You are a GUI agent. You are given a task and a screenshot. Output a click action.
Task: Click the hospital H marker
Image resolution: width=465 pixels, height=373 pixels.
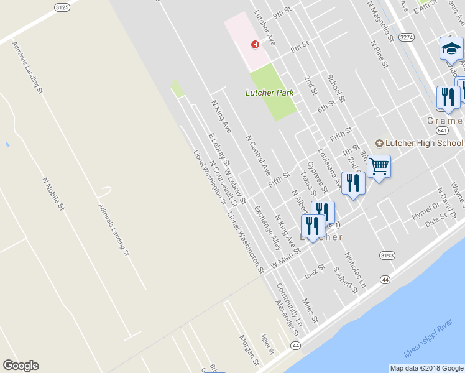(x=254, y=44)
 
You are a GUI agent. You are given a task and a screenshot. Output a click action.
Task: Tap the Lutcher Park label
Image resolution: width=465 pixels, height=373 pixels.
(x=269, y=93)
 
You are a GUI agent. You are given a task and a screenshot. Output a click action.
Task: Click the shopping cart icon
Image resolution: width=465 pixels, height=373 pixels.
(x=379, y=166)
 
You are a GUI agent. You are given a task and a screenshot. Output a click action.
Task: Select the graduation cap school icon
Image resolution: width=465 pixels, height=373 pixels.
(x=450, y=48)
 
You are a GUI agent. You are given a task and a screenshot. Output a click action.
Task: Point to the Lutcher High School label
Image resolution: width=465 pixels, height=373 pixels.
(x=420, y=143)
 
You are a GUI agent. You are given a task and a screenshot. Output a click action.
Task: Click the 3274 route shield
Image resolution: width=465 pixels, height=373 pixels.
(x=407, y=37)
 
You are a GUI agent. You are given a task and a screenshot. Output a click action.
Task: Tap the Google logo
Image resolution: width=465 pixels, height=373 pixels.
(x=21, y=366)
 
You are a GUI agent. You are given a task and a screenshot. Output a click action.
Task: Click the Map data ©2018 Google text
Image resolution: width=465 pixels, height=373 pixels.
(x=426, y=368)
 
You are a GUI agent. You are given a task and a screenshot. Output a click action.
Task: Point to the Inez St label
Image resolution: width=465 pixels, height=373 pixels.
(x=315, y=270)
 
